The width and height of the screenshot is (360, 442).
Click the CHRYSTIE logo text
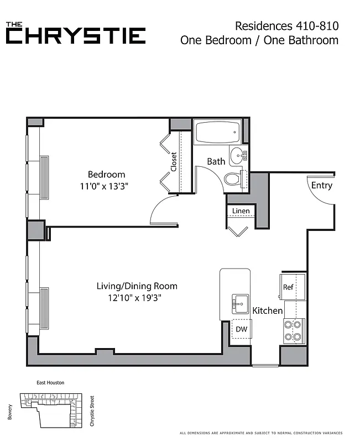[x=76, y=36]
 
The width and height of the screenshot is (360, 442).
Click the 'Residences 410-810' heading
[x=286, y=25]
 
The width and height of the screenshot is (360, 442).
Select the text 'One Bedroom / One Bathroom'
[x=259, y=40]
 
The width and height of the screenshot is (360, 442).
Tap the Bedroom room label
[x=106, y=174]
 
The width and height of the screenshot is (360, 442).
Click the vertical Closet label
[x=174, y=162]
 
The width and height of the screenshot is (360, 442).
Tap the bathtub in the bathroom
[x=217, y=133]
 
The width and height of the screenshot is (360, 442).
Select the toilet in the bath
[x=233, y=178]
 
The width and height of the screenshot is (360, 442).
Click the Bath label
[x=216, y=161]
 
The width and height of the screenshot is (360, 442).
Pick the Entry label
[x=321, y=185]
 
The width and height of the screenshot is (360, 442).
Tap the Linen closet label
[x=241, y=211]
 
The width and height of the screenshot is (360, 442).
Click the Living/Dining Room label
[x=137, y=286]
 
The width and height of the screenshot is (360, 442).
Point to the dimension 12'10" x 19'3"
[x=137, y=298]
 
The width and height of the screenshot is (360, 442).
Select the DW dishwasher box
[x=241, y=329]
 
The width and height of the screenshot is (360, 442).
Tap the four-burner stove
[x=293, y=330]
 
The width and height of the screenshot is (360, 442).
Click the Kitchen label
[x=268, y=311]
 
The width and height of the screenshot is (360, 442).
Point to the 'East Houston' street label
[x=50, y=383]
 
